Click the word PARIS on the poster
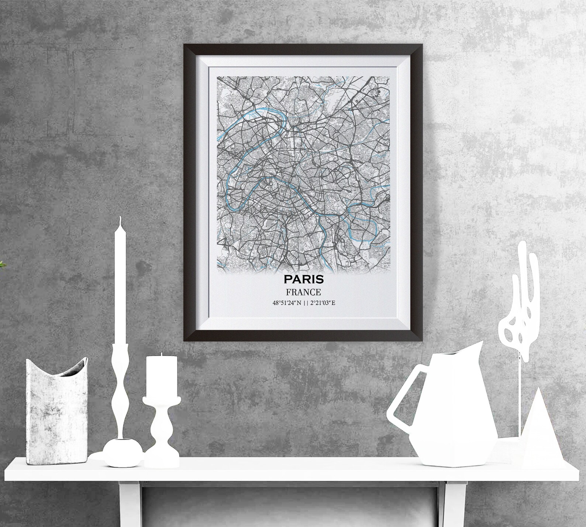(303, 279)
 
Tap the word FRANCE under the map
(303, 292)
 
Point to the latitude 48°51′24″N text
(287, 303)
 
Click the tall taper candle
(120, 288)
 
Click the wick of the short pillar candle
(161, 354)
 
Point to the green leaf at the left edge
(1, 264)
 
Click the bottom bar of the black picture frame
(303, 336)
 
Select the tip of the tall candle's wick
(120, 218)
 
